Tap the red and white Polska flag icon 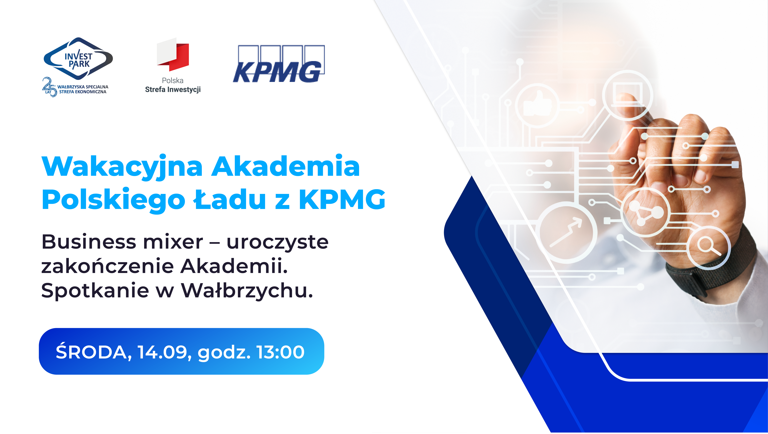(x=173, y=55)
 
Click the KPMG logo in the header (x=279, y=64)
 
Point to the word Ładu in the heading (x=230, y=199)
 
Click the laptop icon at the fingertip (x=627, y=95)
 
